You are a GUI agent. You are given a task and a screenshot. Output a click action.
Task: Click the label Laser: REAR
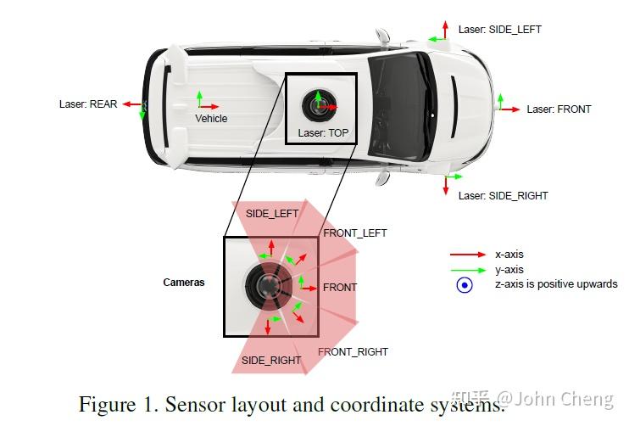[88, 104]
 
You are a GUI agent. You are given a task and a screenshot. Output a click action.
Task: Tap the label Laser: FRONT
[559, 109]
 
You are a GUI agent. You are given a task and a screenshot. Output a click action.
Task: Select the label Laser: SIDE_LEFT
[499, 30]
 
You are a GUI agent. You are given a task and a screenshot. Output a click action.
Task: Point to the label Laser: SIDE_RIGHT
[503, 196]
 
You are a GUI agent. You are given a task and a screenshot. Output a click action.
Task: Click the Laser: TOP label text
[323, 134]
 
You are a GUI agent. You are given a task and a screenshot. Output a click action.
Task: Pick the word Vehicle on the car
[211, 119]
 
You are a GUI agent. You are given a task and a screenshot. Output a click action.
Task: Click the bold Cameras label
[184, 283]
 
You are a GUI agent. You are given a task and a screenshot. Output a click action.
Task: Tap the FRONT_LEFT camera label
[354, 233]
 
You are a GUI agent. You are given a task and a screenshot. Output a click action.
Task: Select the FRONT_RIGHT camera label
[353, 352]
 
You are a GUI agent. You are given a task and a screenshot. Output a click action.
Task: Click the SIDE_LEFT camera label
[272, 214]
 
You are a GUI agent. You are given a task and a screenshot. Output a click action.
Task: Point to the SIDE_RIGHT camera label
[271, 361]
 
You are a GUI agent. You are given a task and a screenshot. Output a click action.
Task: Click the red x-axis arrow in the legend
[467, 255]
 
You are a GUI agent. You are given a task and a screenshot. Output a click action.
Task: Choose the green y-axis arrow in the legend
[467, 270]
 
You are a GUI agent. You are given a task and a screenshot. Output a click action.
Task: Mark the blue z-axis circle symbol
[465, 285]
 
